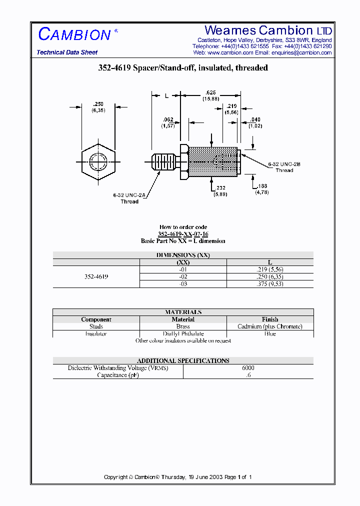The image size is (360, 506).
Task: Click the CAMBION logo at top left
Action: (x=75, y=34)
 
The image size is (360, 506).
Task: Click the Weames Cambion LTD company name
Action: (x=268, y=30)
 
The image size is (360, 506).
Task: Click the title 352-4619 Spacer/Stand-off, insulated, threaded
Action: (x=183, y=68)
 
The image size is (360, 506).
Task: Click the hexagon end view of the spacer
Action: (x=97, y=161)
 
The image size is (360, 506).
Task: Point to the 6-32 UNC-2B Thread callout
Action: (x=283, y=167)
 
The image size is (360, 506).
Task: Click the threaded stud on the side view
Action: (x=164, y=162)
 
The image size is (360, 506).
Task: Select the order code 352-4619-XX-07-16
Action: (x=183, y=234)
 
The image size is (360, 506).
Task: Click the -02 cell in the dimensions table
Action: (x=183, y=276)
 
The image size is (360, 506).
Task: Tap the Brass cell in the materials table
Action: (x=183, y=326)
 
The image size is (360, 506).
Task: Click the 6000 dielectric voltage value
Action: (x=248, y=367)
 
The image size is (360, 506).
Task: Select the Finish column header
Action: (x=270, y=319)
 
